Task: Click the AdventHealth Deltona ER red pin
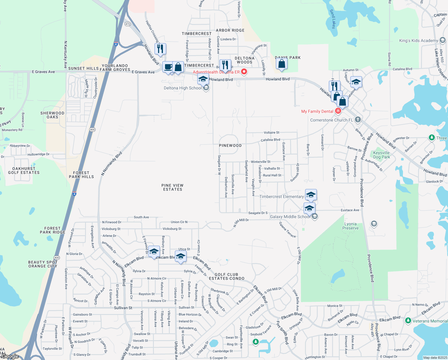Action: (x=244, y=72)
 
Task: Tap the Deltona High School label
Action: (x=183, y=88)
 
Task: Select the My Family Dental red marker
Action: (x=338, y=111)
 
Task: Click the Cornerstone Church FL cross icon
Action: (x=358, y=120)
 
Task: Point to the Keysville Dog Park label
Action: (x=382, y=155)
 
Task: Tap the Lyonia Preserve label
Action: (x=350, y=226)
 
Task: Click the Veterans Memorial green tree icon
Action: (x=408, y=321)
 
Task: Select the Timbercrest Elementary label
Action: (x=281, y=196)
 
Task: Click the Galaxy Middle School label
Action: (x=290, y=217)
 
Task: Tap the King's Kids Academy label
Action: (x=419, y=40)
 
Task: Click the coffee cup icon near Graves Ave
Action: (x=168, y=67)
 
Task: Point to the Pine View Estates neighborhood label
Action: (x=172, y=187)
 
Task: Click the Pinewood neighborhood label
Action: (x=230, y=145)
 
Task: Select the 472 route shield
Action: (x=128, y=24)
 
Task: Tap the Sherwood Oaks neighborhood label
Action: (x=52, y=115)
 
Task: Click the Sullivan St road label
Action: (x=123, y=308)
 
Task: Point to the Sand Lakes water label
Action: (x=333, y=19)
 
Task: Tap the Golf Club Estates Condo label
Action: (x=227, y=276)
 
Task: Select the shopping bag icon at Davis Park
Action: (x=281, y=64)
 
